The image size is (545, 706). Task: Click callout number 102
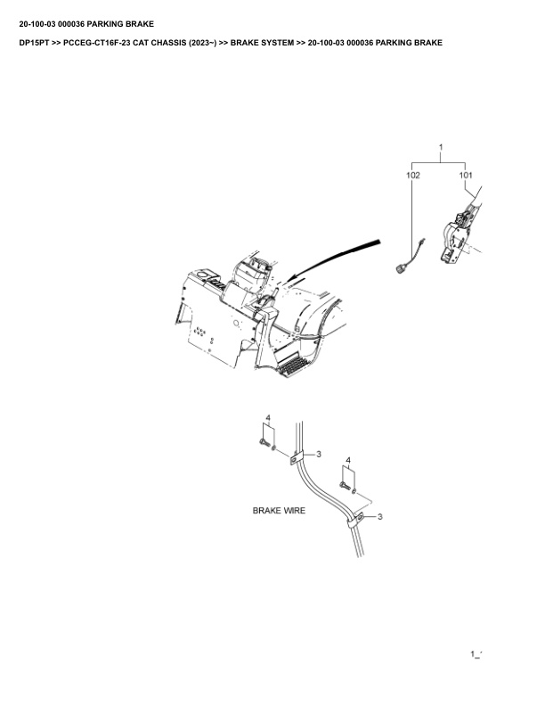(x=413, y=175)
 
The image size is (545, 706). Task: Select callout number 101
(x=466, y=175)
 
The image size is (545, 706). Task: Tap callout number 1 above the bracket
(x=441, y=147)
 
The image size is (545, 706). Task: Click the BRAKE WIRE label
(x=279, y=511)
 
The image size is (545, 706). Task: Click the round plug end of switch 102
(x=399, y=268)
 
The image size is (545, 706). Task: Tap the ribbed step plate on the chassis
(x=292, y=365)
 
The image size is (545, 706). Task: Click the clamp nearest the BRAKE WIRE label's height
(x=355, y=519)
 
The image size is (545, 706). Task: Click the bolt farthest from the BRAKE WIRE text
(x=264, y=443)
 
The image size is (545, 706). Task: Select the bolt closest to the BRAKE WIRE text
(x=344, y=486)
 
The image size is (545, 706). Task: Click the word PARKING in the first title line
(x=104, y=24)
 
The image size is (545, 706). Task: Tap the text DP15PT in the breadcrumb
(x=34, y=43)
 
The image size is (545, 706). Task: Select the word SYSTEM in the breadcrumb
(x=278, y=43)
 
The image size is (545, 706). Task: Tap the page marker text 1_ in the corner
(x=476, y=653)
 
